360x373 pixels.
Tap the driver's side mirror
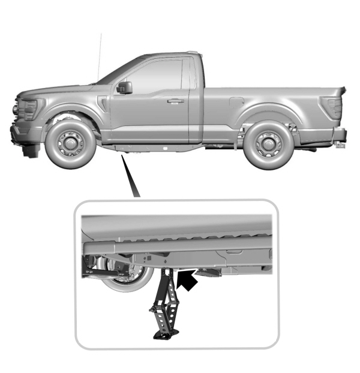pos(125,88)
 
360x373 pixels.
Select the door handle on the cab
pos(175,101)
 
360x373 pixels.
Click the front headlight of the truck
pos(27,109)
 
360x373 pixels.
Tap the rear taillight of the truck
pos(331,107)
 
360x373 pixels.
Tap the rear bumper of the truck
pos(340,134)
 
